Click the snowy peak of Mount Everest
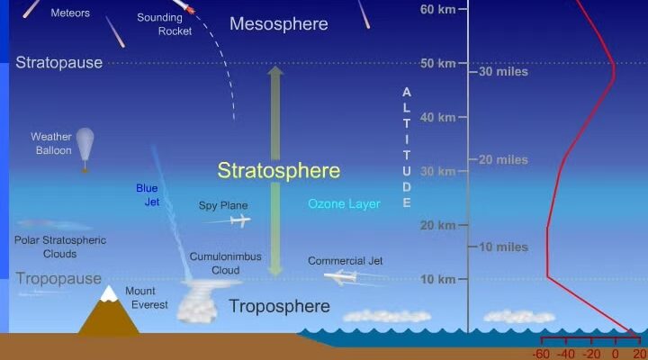point(109,292)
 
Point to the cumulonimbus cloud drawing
point(202,301)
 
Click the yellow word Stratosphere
point(279,170)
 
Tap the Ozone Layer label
point(344,203)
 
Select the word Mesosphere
point(279,23)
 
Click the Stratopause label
point(59,62)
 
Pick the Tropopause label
point(58,279)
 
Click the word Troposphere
point(279,306)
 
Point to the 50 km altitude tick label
point(438,63)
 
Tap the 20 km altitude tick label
point(438,225)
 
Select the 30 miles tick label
point(503,71)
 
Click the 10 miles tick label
point(503,247)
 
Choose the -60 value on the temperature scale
point(541,354)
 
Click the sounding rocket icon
point(184,5)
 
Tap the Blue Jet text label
point(148,194)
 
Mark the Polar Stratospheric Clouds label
point(60,247)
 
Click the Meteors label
point(70,13)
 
